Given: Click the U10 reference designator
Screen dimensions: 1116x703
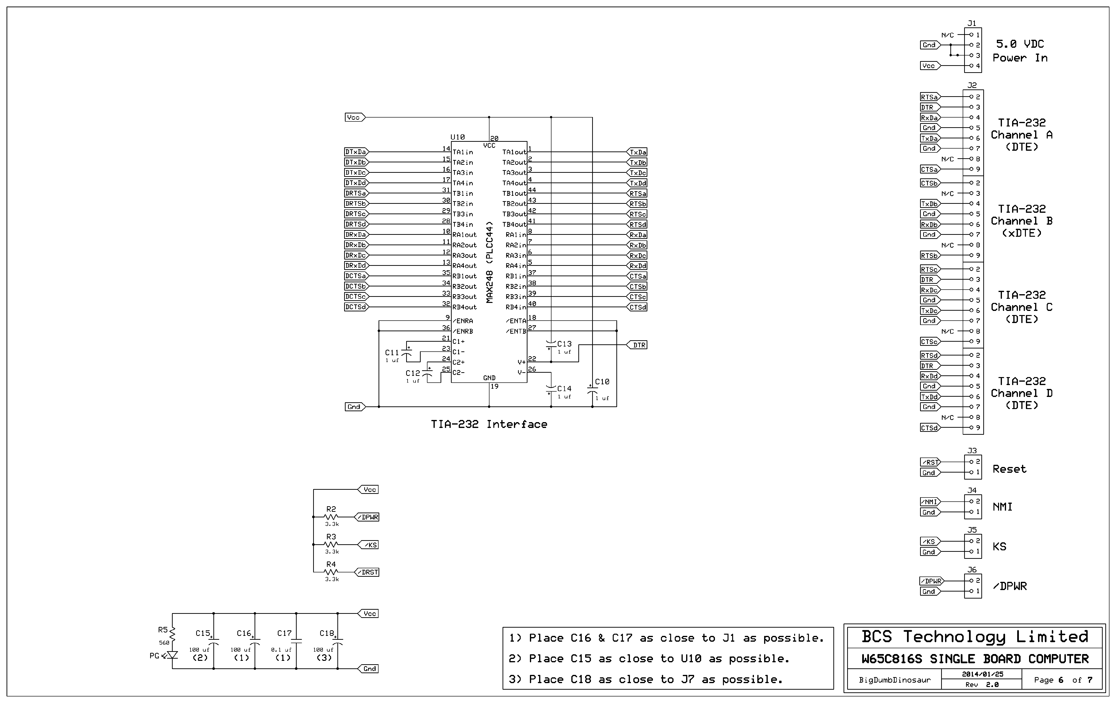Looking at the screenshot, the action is point(457,137).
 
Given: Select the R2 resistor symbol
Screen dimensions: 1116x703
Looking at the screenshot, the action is point(331,517).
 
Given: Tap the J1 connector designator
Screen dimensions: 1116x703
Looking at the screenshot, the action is point(972,23).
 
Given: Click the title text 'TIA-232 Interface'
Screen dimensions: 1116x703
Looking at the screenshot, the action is point(489,424).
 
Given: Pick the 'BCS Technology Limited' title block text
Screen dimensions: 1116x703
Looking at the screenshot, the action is point(975,637).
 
